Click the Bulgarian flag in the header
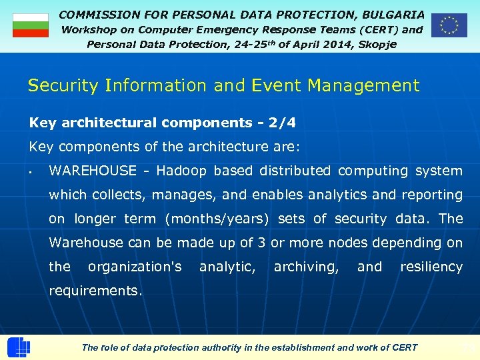tap(31, 25)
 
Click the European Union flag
tap(449, 25)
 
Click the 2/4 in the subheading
tap(282, 123)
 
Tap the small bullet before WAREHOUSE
tap(32, 172)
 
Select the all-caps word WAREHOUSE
tap(93, 171)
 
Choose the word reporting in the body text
tap(431, 195)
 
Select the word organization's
tap(135, 267)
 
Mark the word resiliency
tap(431, 267)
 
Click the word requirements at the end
tap(95, 291)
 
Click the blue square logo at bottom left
tap(18, 347)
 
